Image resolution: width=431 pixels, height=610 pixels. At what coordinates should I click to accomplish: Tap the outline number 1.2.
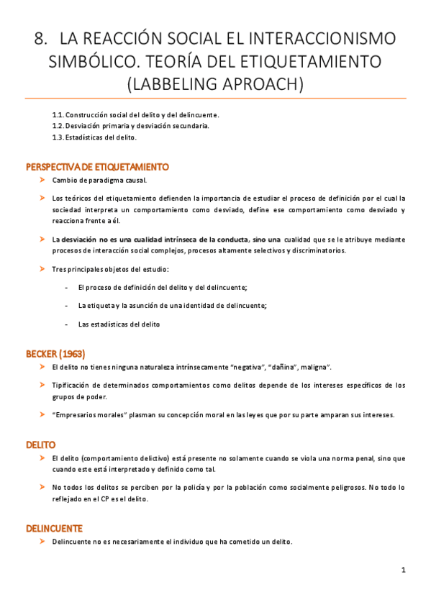[58, 126]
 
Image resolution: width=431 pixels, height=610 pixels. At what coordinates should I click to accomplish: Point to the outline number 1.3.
[58, 137]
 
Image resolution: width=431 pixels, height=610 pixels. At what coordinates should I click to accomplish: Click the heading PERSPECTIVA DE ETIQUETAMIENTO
[97, 167]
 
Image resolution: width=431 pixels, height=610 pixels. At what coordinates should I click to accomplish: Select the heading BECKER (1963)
[55, 354]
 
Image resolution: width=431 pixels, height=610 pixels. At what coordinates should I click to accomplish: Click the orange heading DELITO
[41, 445]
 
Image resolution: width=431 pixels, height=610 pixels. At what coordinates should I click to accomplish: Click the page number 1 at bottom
[404, 570]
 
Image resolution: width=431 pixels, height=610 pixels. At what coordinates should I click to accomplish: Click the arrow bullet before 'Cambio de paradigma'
[42, 180]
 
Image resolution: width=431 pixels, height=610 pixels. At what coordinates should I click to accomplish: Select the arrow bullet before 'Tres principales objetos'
[42, 269]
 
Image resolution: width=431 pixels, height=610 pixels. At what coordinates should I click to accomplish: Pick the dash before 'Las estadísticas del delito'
[66, 324]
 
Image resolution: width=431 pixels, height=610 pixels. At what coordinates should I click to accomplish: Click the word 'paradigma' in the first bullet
[107, 180]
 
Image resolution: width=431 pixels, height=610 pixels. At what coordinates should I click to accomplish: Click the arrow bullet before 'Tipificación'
[42, 385]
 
